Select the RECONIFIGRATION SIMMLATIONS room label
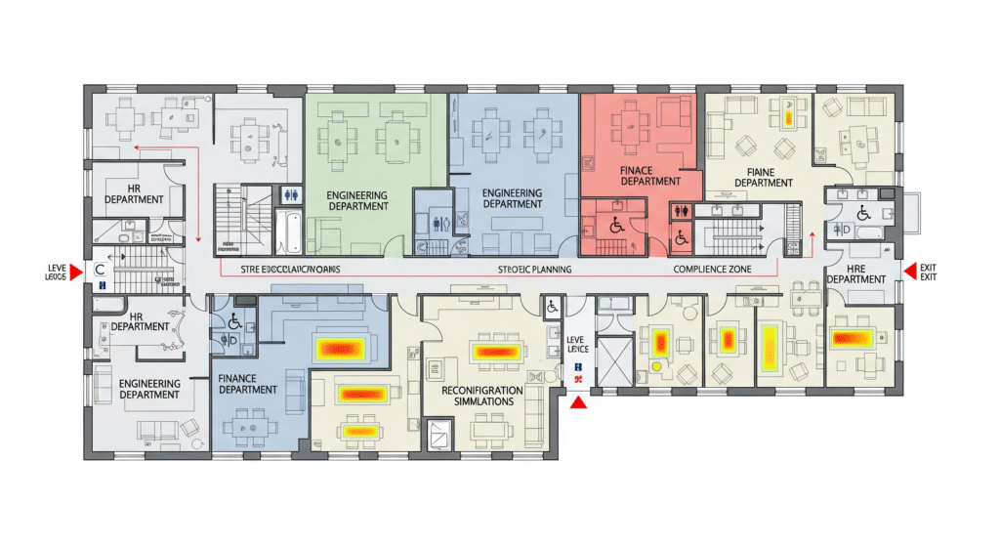[x=481, y=397]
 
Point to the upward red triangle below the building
[x=578, y=401]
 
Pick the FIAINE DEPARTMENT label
[x=763, y=176]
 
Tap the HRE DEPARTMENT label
[x=855, y=273]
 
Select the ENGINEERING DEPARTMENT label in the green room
[x=357, y=200]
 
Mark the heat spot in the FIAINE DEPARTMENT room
[x=787, y=118]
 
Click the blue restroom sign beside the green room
[x=290, y=193]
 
